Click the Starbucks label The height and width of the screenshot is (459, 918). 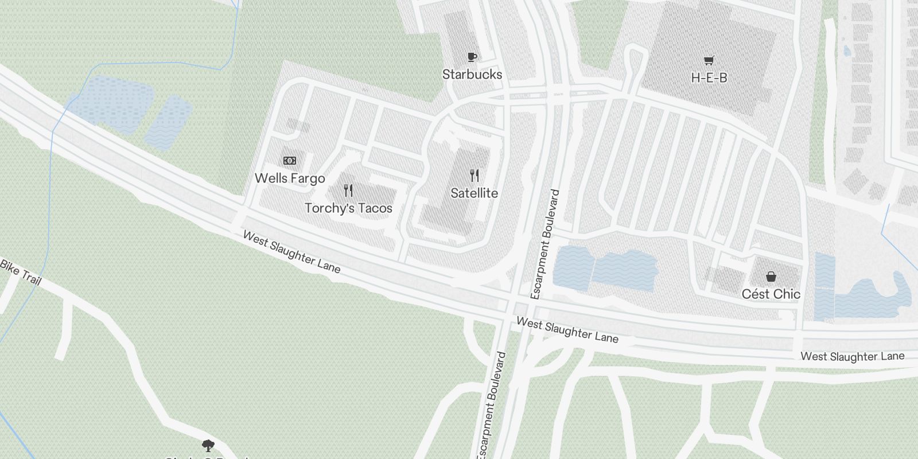tap(472, 74)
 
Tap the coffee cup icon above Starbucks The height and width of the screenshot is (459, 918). tap(472, 56)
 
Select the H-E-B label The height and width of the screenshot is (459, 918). tap(709, 77)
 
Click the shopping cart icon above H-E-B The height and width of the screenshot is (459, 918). tap(709, 60)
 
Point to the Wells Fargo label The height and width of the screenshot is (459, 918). tap(290, 178)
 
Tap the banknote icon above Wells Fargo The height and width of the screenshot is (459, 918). tap(290, 161)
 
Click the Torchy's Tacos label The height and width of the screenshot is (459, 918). tap(348, 208)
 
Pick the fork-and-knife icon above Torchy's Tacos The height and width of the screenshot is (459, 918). tap(348, 190)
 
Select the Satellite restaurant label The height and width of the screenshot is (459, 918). tap(474, 193)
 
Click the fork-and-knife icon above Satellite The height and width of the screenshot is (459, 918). tap(474, 175)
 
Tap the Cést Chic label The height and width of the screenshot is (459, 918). tap(771, 294)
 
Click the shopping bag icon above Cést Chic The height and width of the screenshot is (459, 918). tap(771, 277)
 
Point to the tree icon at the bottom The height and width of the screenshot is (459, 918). tap(208, 445)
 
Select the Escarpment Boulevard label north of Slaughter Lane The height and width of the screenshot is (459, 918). tap(545, 244)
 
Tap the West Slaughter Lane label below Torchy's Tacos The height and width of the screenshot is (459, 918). tap(291, 252)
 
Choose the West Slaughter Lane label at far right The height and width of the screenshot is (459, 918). tap(852, 356)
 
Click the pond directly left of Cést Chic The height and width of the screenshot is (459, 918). tap(625, 270)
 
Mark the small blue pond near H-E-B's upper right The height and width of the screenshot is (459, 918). tap(847, 51)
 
